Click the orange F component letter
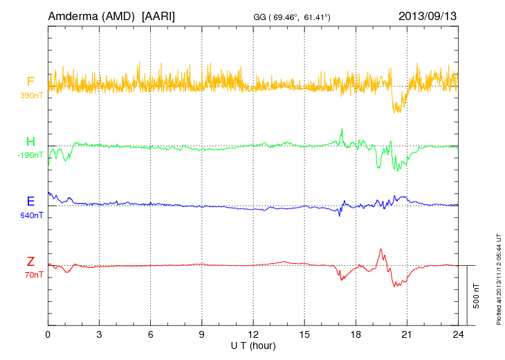[30, 82]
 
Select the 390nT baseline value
[31, 95]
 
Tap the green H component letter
[30, 142]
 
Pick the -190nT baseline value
[30, 155]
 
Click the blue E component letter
[30, 201]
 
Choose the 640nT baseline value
[31, 215]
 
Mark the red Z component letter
[30, 261]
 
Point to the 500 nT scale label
[477, 296]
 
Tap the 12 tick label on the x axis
[253, 334]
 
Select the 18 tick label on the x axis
[356, 334]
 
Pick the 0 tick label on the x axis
[48, 334]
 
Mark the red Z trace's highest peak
[380, 249]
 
